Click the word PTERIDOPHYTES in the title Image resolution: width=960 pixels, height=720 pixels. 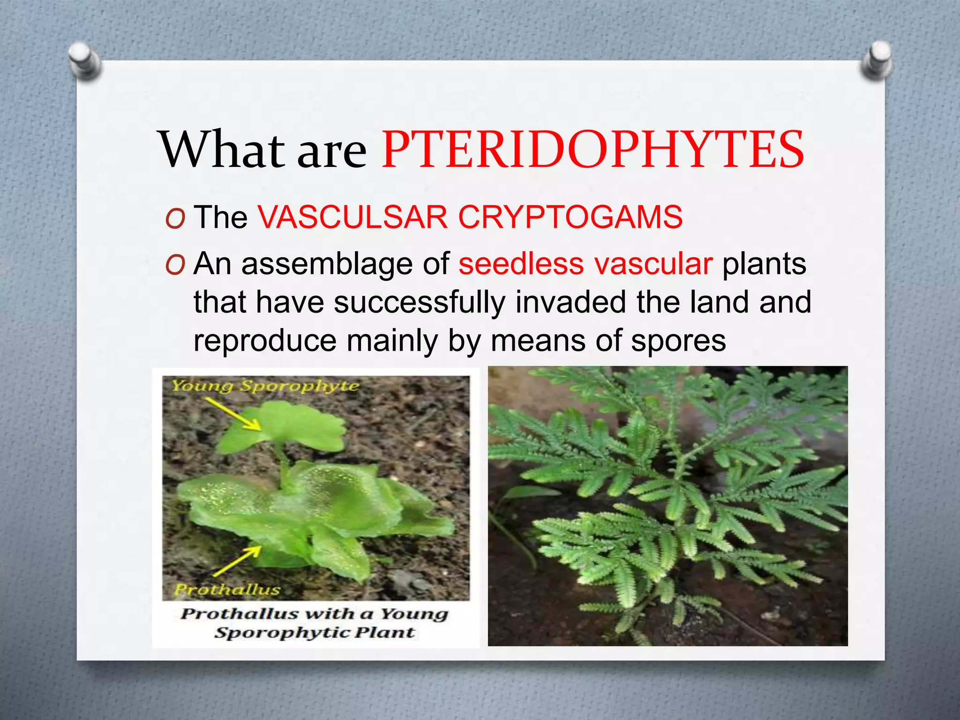(x=593, y=150)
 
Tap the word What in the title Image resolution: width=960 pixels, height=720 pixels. (x=223, y=150)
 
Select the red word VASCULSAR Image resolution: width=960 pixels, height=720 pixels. (x=352, y=217)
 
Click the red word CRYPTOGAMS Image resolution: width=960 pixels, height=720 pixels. (x=570, y=217)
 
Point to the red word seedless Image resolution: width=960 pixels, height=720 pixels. (x=521, y=264)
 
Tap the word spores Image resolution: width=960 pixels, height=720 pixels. (x=678, y=341)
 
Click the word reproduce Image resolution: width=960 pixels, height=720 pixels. (x=265, y=341)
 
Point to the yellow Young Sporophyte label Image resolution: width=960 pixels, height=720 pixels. (x=265, y=386)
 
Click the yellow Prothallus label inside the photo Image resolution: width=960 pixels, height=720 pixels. (x=227, y=589)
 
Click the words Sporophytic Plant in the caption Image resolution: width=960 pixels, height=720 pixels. (x=315, y=633)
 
